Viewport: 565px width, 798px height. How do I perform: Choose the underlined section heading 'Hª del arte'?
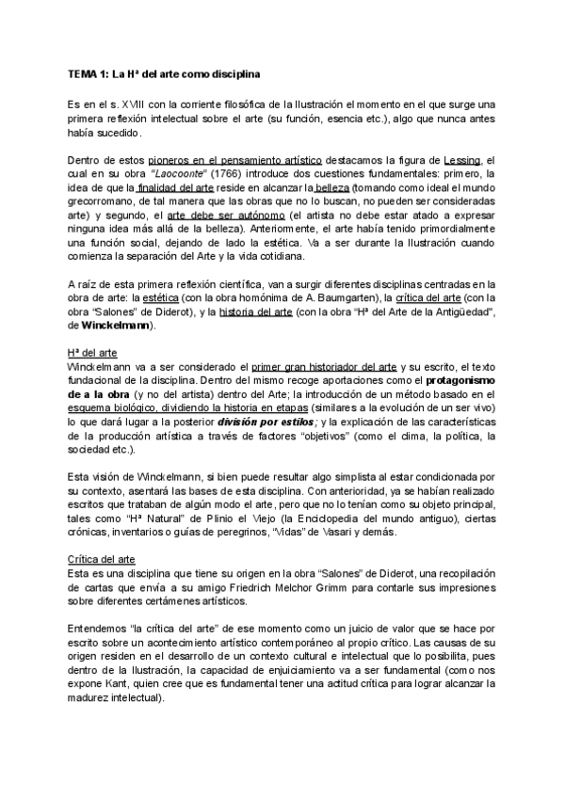point(91,352)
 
